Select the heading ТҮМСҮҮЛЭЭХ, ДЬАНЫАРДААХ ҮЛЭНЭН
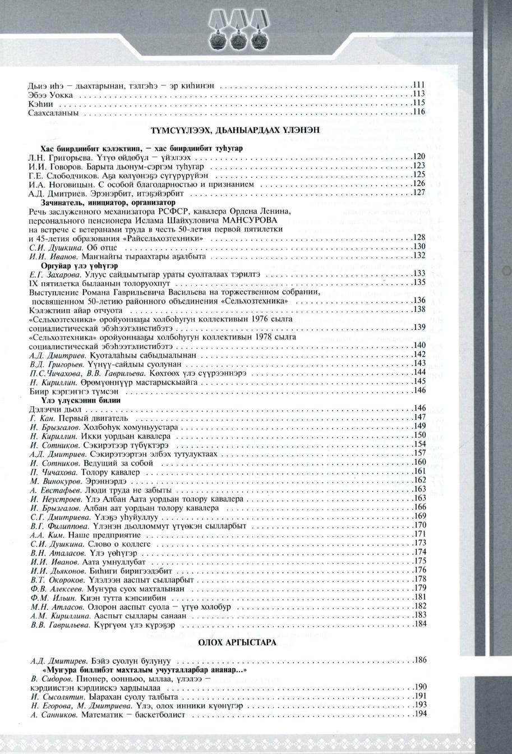pyautogui.click(x=235, y=130)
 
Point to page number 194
pyautogui.click(x=421, y=714)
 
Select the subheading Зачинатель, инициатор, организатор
pyautogui.click(x=108, y=202)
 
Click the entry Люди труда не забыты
pyautogui.click(x=107, y=490)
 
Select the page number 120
pyautogui.click(x=419, y=157)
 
